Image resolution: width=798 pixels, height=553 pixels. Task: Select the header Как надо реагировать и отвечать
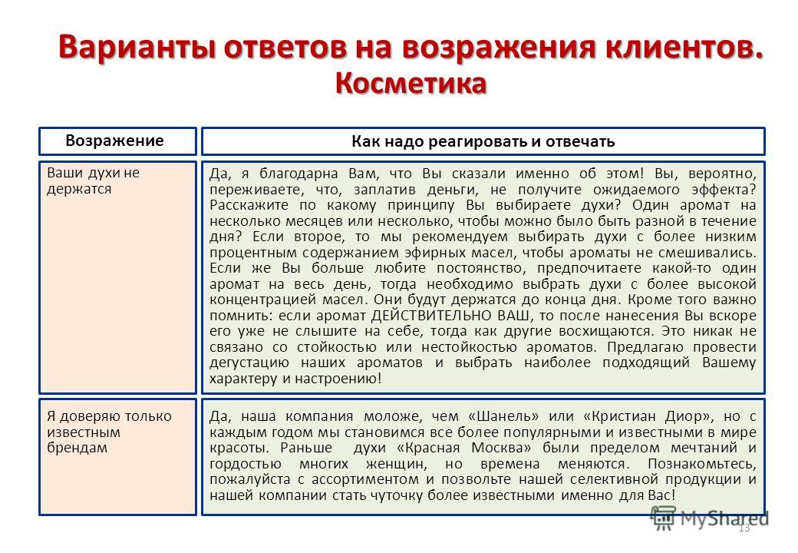click(483, 141)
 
